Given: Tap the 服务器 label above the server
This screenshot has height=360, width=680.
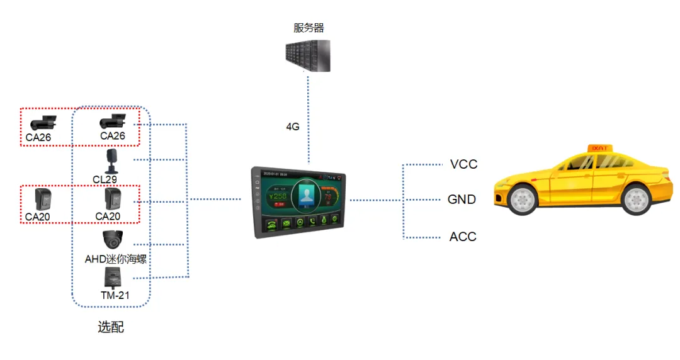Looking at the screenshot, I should click(x=309, y=28).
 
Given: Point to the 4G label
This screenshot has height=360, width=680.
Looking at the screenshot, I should click(x=293, y=127).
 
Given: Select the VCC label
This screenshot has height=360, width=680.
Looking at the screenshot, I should click(x=464, y=164).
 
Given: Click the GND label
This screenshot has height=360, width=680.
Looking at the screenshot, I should click(x=462, y=200).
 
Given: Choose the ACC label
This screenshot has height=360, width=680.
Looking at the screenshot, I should click(x=463, y=237).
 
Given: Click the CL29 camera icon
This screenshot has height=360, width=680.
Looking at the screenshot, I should click(x=111, y=161).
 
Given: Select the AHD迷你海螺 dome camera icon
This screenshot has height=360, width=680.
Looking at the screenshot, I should click(x=113, y=240).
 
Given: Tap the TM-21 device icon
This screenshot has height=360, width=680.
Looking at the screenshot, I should click(x=113, y=277).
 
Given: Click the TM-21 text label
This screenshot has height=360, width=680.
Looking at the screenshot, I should click(x=114, y=295).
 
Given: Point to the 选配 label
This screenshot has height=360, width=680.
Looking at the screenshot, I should click(x=111, y=327).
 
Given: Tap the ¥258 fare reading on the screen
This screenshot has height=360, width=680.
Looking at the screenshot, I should click(x=278, y=196).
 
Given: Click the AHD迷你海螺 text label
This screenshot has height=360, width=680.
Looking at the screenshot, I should click(x=115, y=258).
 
